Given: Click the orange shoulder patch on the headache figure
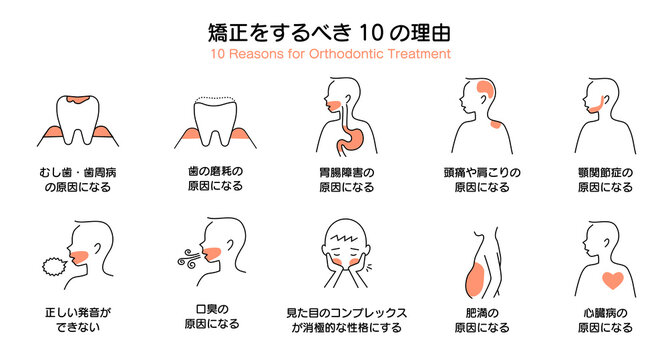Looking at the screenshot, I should [494, 125].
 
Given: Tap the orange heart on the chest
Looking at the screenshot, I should [612, 278].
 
